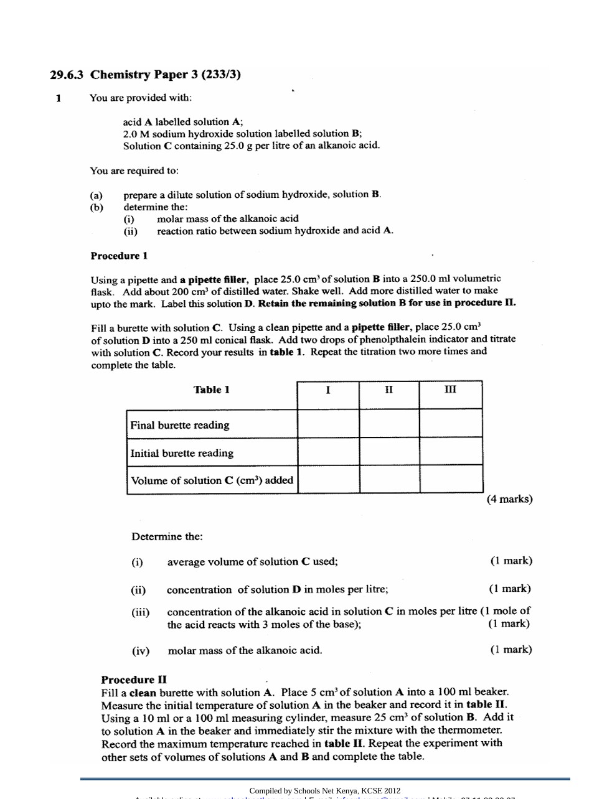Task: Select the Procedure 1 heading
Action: point(119,256)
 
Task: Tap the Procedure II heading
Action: point(134,680)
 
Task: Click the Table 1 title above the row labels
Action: point(212,390)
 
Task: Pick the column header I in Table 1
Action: point(328,390)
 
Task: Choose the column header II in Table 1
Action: point(388,390)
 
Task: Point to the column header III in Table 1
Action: point(450,390)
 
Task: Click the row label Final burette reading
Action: point(180,425)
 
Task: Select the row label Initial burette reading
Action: point(182,453)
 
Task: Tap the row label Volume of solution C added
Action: point(212,480)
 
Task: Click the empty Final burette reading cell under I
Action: point(328,424)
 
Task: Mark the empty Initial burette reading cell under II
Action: point(389,452)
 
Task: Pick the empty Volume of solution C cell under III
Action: point(451,479)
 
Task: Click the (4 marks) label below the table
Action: point(509,499)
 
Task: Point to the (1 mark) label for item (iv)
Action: point(511,650)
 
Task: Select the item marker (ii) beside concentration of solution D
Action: point(138,589)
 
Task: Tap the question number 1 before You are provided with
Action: point(59,98)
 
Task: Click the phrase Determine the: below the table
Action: point(167,536)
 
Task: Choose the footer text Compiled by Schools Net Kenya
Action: point(325,791)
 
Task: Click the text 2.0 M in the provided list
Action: point(135,134)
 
